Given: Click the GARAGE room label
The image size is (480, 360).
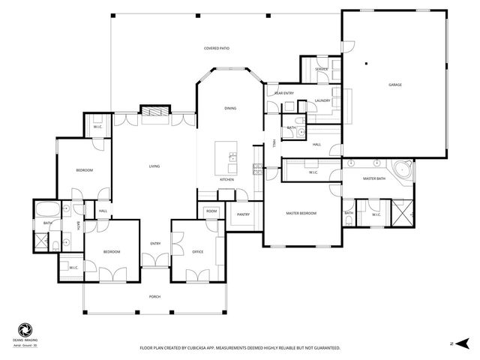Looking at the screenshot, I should coord(394,85).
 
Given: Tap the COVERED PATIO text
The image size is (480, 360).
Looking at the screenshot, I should coord(217,48).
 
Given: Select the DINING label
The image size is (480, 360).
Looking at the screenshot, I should coord(230,109).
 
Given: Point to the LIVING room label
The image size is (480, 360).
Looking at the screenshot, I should coord(154,166).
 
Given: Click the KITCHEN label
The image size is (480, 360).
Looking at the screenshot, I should coord(227,180).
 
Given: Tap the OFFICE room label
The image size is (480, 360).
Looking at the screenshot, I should coord(198,252).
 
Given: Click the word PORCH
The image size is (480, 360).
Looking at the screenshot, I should coord(154,297).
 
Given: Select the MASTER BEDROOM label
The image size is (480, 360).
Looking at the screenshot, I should coord(301,214).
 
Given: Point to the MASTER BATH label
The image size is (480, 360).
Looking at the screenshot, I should coord(373,178).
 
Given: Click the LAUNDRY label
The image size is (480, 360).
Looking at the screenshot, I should coord(322,100).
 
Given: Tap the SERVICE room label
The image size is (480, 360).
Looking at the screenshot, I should coord(322,69).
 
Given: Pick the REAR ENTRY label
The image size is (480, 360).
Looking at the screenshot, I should coord(283,93).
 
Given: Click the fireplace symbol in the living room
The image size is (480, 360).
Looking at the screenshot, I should coord(154,112).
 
